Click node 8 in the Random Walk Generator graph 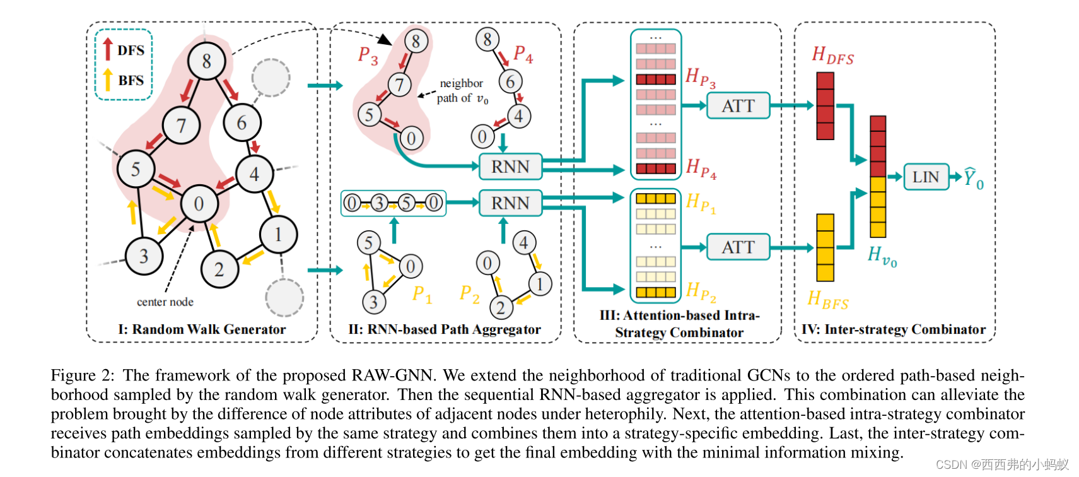[x=206, y=61]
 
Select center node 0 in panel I [x=199, y=203]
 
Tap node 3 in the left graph [x=144, y=256]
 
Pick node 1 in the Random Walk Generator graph [x=278, y=234]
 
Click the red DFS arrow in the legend [x=108, y=49]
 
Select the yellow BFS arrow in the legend [x=108, y=79]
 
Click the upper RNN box [x=510, y=167]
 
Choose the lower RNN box [x=510, y=203]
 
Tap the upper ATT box [x=738, y=106]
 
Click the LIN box [x=925, y=177]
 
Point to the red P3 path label [x=368, y=56]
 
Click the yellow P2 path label [x=469, y=293]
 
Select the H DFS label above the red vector [x=832, y=56]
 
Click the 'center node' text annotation [x=165, y=302]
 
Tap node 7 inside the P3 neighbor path [x=399, y=84]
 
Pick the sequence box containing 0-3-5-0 [x=393, y=203]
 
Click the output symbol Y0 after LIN [x=973, y=179]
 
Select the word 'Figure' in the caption [x=73, y=375]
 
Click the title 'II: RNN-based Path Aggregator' [x=444, y=329]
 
